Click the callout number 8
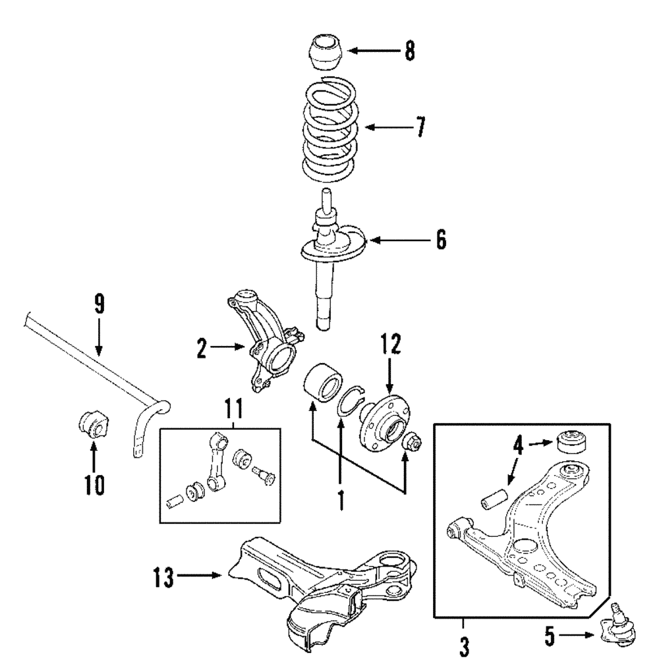[409, 51]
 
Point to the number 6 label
[440, 240]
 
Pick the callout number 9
[99, 304]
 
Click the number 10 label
[94, 484]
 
